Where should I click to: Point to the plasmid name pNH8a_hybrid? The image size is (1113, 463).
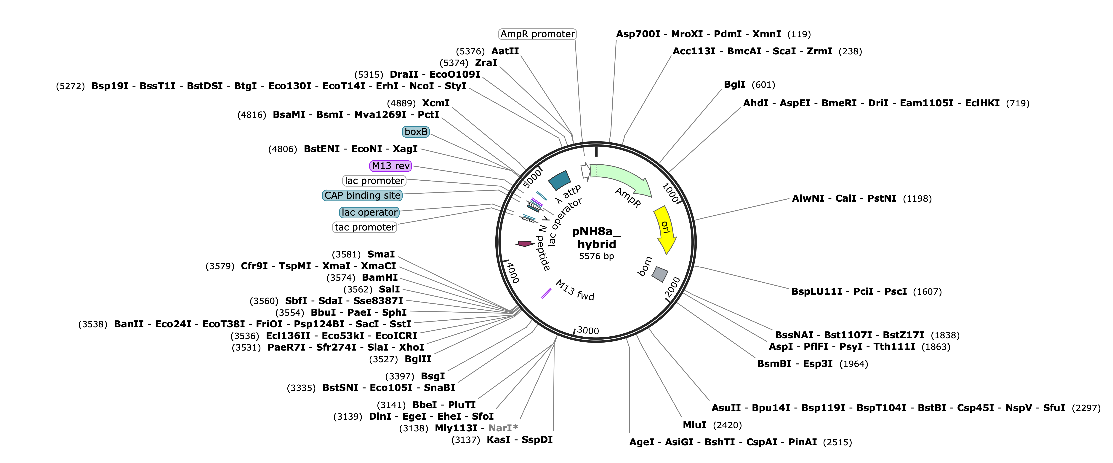point(596,238)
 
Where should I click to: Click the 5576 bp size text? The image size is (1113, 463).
point(596,256)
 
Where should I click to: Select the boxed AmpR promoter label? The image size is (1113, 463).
point(537,34)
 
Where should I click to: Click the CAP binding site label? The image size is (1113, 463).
point(363,195)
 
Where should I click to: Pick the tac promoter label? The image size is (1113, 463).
point(365,227)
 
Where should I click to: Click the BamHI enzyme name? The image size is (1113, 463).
point(380,278)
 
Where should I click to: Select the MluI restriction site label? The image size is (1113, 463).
point(694,425)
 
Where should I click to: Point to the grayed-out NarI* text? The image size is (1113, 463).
point(503,428)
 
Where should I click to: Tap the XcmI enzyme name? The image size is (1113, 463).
point(436,103)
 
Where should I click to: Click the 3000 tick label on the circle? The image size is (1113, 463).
point(588,331)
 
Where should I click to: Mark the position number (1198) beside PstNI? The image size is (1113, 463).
point(917,199)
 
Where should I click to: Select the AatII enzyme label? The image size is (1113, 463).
point(505,51)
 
